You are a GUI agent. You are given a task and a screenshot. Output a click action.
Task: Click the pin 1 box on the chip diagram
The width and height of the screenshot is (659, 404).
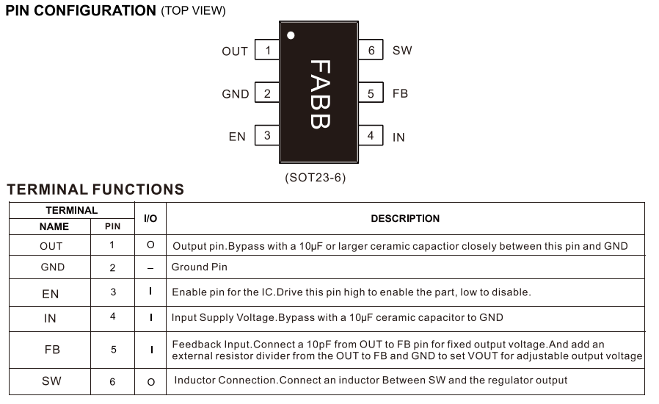pos(267,51)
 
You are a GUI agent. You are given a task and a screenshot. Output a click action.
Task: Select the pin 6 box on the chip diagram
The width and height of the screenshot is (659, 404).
pos(371,50)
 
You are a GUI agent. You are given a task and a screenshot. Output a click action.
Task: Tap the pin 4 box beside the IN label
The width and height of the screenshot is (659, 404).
pos(371,136)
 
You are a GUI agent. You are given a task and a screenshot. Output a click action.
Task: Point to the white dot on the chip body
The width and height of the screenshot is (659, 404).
pos(291,35)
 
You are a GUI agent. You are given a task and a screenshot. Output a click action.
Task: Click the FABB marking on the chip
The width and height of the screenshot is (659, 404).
pos(318,94)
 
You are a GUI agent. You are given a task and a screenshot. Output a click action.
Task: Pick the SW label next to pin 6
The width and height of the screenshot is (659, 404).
pos(402,51)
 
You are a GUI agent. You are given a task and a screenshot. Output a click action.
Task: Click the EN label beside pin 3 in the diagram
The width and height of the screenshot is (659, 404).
pos(237,137)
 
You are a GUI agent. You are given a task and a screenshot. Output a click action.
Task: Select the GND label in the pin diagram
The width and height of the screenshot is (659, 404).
pos(235,94)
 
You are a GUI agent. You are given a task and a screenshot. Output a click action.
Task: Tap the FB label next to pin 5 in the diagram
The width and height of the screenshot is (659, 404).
pos(400,94)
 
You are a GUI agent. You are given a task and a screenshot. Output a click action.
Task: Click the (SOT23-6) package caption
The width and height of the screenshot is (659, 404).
pos(315,178)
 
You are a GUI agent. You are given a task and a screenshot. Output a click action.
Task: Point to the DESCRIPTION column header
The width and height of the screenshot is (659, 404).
pos(405,218)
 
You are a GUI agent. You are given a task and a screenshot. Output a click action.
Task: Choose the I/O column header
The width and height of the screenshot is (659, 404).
pos(150,219)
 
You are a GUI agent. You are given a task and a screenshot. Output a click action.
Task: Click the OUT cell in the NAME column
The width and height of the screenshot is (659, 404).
pos(51,246)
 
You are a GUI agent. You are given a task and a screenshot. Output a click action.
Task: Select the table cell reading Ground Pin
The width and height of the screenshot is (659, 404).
pos(200,267)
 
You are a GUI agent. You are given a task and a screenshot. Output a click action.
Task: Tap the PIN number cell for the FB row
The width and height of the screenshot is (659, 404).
pos(113,350)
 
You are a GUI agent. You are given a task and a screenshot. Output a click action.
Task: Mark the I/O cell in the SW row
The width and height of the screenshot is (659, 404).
pos(150,382)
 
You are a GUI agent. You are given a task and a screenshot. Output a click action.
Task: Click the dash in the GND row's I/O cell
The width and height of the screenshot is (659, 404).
pos(150,268)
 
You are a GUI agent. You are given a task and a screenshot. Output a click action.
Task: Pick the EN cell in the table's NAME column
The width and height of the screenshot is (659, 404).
pos(51,293)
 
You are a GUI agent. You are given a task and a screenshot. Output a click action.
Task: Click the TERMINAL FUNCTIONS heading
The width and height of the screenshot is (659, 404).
pos(95,190)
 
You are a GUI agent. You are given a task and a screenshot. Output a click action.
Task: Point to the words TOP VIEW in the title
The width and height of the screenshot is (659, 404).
pos(194,11)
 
